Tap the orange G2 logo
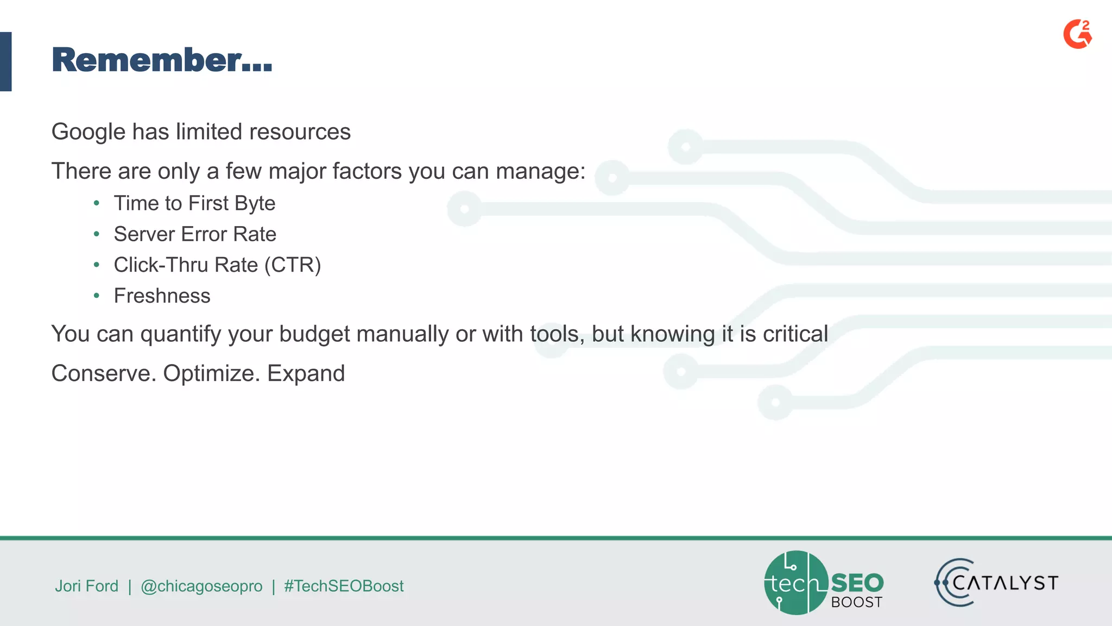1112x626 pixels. [x=1077, y=34]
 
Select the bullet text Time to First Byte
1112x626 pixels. [x=194, y=203]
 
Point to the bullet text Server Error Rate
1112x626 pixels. [x=195, y=234]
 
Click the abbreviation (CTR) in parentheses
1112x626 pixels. [x=293, y=265]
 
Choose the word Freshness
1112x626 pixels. [x=162, y=296]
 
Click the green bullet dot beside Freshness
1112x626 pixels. [x=97, y=296]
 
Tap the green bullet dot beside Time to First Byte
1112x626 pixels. [x=97, y=203]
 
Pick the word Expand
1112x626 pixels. [x=306, y=373]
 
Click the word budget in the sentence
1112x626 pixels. [x=314, y=334]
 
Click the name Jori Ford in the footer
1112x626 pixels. [x=86, y=586]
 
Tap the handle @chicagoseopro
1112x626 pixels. [x=201, y=586]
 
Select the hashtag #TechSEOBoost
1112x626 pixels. [x=344, y=586]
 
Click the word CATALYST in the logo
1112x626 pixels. [x=1005, y=583]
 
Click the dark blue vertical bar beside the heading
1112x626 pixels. [x=5, y=61]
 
